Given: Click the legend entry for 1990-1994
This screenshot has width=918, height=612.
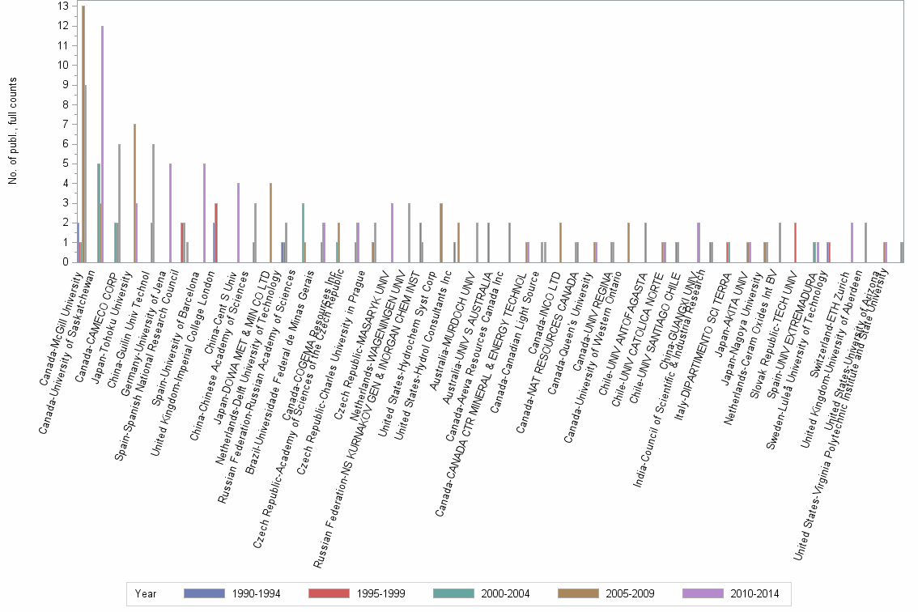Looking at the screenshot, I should [x=232, y=593].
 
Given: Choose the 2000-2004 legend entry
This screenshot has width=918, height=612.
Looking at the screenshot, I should [x=482, y=593].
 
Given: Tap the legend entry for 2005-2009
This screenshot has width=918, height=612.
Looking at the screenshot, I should [x=607, y=593].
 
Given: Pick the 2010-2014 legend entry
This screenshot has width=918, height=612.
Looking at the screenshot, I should [x=732, y=593].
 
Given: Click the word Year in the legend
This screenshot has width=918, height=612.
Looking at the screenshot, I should [x=147, y=593].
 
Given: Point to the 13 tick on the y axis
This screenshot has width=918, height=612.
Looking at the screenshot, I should [x=62, y=6].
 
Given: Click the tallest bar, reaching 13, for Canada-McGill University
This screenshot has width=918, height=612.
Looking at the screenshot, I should [x=83, y=134].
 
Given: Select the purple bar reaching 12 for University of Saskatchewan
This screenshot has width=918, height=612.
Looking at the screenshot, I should [x=102, y=144].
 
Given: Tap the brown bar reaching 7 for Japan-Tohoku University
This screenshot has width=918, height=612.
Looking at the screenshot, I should [x=134, y=193].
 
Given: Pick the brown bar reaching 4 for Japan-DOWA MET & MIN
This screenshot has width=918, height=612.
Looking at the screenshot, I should [x=270, y=223].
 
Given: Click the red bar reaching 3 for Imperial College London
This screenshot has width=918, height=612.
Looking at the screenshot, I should [x=216, y=232].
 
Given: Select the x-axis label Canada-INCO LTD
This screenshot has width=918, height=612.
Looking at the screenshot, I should [x=543, y=305].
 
